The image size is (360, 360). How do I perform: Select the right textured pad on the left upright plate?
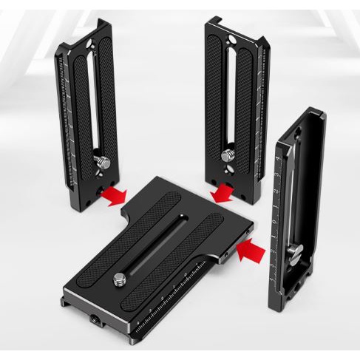106,103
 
